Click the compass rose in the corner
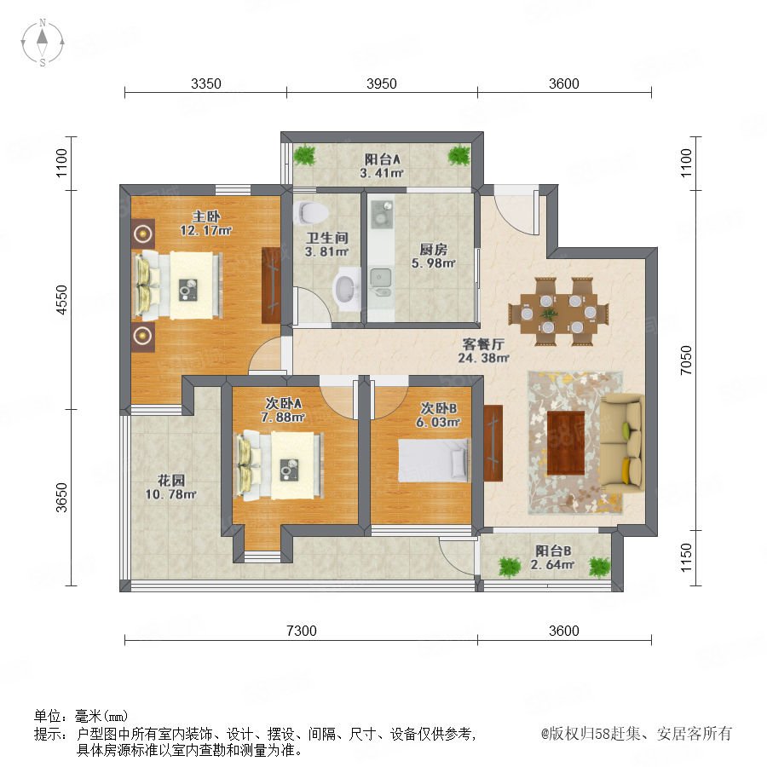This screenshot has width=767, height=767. coord(43,42)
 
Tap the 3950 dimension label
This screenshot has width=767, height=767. coord(382,84)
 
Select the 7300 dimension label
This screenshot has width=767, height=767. coord(302,631)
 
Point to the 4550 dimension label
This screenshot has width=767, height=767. coord(61,299)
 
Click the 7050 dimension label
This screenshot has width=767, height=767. coord(686,360)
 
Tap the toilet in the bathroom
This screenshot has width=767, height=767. coord(312,212)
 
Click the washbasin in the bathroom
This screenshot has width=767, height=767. coord(347,289)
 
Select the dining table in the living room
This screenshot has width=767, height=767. coord(558,312)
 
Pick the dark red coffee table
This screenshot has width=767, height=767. coord(566,443)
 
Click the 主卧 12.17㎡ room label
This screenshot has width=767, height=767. coord(206,223)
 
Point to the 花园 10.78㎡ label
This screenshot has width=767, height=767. coord(170,487)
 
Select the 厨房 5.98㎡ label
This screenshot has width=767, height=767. coord(434,257)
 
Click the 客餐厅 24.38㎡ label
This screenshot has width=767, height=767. coord(483,351)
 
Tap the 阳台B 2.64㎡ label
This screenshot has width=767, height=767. coord(553,557)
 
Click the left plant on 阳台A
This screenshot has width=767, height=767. coord(305,155)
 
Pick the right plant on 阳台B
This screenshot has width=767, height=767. coord(599,567)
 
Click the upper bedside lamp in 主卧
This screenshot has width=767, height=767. coord(142,234)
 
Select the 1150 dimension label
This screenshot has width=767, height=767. coord(686,557)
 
